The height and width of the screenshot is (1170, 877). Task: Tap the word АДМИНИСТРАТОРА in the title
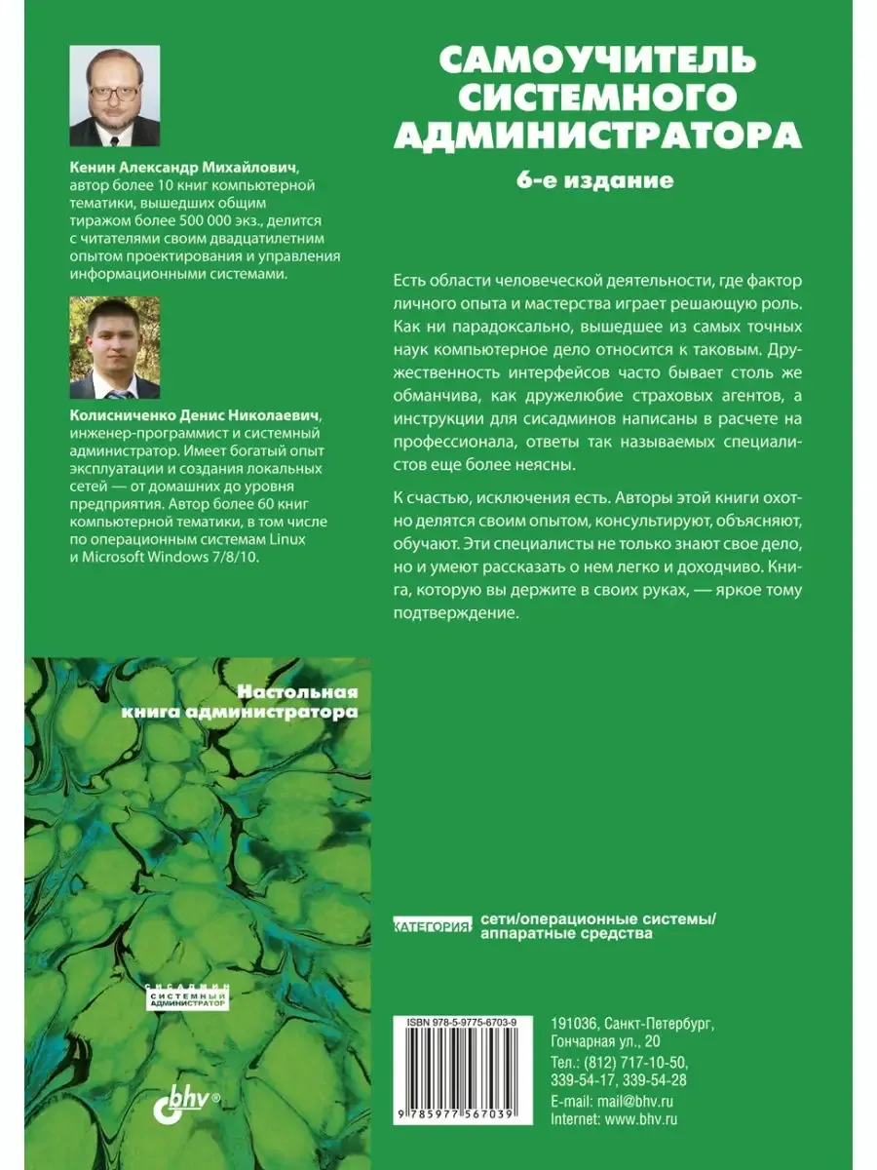[x=596, y=135]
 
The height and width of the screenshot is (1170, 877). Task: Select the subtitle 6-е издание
[x=595, y=180]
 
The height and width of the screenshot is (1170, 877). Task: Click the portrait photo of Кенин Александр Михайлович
[x=114, y=96]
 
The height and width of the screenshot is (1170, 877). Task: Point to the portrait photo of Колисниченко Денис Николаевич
[x=114, y=348]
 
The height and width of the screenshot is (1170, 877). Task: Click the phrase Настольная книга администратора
[x=240, y=702]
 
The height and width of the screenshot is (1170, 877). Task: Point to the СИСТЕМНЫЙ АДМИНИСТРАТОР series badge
[x=180, y=995]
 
